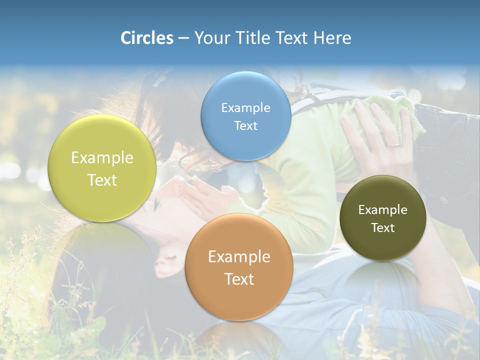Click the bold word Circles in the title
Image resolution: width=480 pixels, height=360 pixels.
pos(147,38)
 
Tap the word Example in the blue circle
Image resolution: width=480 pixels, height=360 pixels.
pos(245,107)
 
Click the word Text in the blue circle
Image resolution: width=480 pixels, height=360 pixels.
pos(245,125)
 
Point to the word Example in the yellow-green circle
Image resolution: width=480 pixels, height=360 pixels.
pos(102,158)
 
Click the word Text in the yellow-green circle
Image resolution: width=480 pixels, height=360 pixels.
pos(102,180)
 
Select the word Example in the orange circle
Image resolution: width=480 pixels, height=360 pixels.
pos(239,257)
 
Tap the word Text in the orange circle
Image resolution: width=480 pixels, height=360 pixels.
pos(239,279)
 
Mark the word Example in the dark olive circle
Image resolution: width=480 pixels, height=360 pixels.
pos(383,209)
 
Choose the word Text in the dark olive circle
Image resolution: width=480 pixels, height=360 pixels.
pos(383,227)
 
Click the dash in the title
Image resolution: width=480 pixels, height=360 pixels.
pos(183,38)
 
